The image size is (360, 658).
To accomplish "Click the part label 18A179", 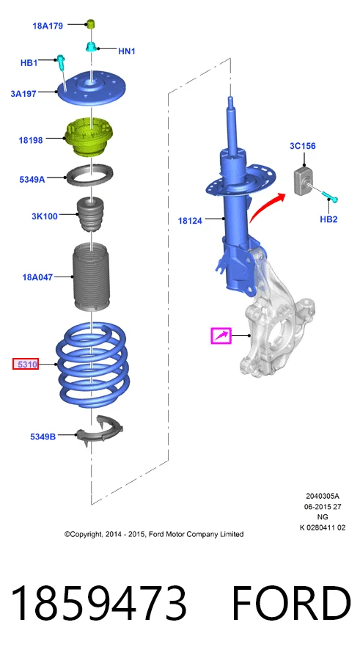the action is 48,26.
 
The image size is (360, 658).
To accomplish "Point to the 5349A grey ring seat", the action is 90,176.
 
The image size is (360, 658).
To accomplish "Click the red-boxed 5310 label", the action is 26,365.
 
